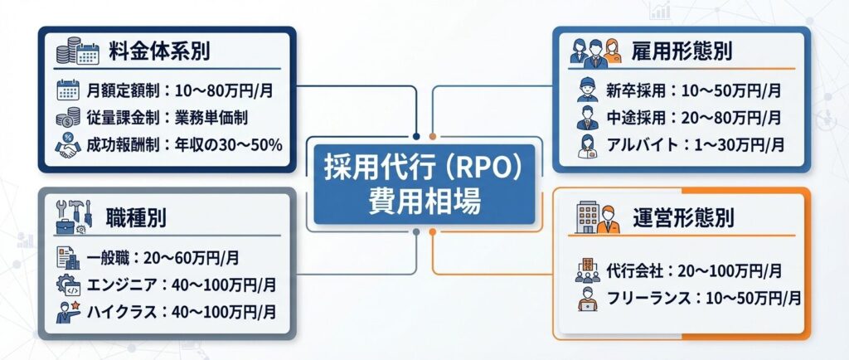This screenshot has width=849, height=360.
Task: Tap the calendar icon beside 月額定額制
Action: (67, 89)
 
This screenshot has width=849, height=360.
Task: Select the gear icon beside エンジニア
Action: (66, 285)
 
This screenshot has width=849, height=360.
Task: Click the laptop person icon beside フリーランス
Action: (588, 299)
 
